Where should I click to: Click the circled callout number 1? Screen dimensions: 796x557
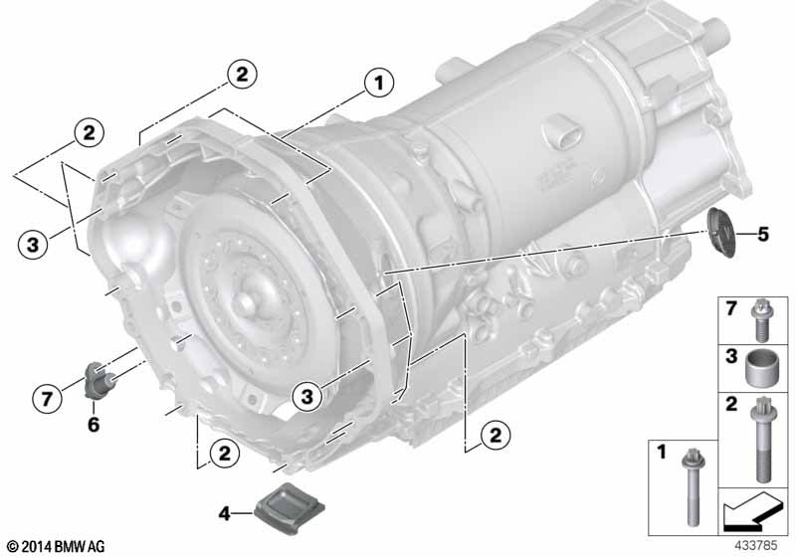(x=379, y=83)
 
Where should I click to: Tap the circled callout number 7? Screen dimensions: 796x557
(x=47, y=398)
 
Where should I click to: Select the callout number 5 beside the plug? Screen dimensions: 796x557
(x=762, y=234)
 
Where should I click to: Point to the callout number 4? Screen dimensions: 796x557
(x=225, y=514)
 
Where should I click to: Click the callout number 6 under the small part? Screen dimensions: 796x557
(x=94, y=424)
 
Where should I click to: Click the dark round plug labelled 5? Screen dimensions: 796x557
(x=721, y=233)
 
